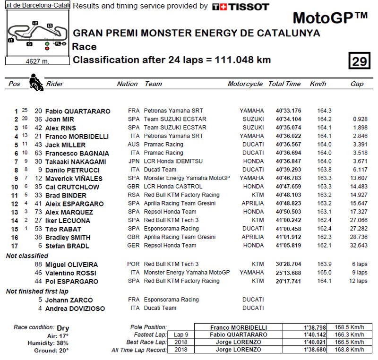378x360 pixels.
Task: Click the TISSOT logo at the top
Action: point(241,7)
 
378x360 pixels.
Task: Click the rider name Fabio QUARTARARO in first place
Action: point(78,111)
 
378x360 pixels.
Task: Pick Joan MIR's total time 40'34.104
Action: point(288,120)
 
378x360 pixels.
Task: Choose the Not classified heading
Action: point(26,256)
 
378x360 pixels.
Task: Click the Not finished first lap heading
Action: point(37,291)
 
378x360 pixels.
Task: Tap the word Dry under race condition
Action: point(63,328)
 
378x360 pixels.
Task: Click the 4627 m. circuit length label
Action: point(38,61)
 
